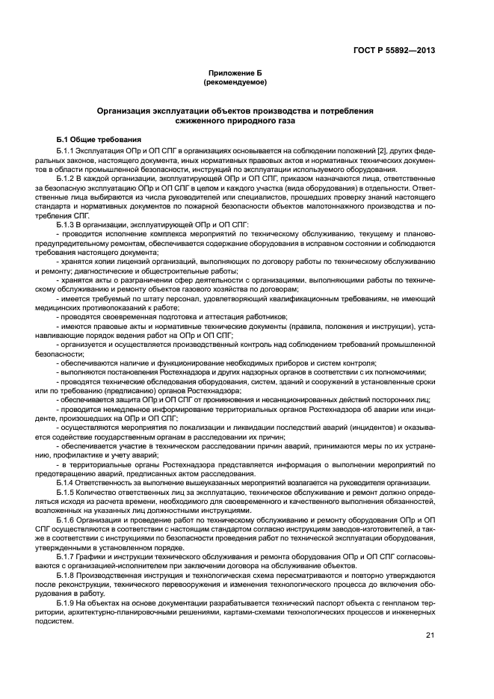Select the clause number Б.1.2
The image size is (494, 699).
coord(67,179)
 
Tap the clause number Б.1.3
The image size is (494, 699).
coord(67,224)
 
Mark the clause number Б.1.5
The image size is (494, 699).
coord(67,494)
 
